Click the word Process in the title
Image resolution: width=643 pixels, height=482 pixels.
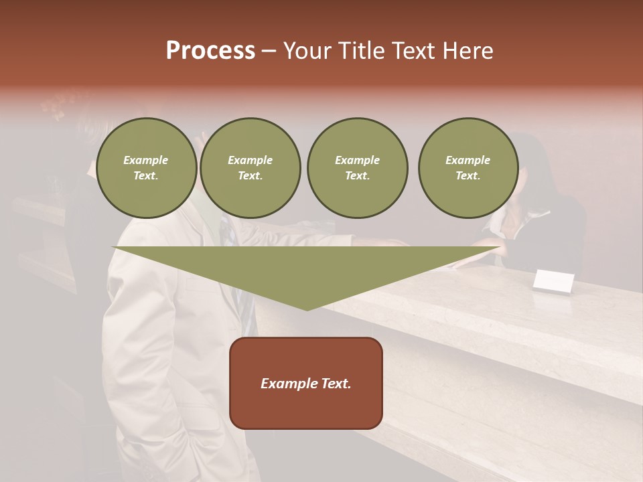pos(210,51)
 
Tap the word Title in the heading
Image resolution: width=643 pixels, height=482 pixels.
pos(362,51)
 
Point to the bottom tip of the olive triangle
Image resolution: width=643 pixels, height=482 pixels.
pos(307,309)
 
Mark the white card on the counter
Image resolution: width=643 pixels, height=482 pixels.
pos(553,281)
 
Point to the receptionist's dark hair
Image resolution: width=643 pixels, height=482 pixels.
pos(536,167)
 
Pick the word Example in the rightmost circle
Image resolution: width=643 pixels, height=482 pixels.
pos(468,160)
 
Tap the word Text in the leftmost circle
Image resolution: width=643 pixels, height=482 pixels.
pos(146,176)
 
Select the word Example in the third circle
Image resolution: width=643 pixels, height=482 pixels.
pos(357,160)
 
